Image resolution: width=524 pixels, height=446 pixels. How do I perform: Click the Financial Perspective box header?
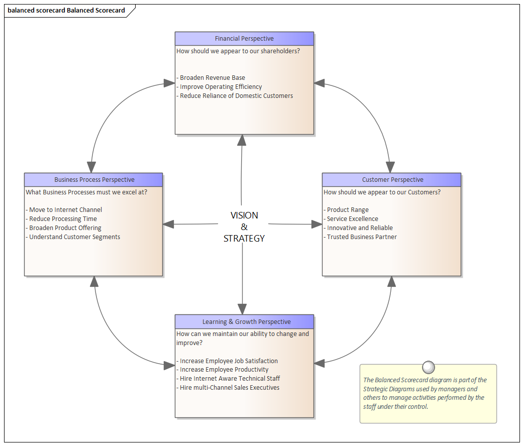(x=244, y=39)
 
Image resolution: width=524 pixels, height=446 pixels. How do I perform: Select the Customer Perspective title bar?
(x=392, y=180)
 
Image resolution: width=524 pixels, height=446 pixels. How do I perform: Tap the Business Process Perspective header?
(x=94, y=180)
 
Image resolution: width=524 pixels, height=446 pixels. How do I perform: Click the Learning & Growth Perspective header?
(x=245, y=321)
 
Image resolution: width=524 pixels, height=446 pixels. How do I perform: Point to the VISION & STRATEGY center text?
(x=244, y=227)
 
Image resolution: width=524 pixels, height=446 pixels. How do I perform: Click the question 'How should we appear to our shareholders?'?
(x=238, y=51)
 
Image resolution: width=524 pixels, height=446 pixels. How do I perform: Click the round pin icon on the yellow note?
(x=429, y=368)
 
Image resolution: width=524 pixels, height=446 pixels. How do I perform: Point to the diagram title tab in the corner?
(x=67, y=11)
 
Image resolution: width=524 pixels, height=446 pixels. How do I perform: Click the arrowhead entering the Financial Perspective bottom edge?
(x=242, y=140)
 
